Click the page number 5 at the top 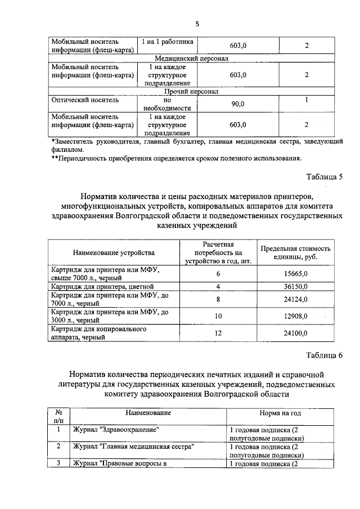pos(197,24)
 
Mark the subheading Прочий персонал pos(191,91)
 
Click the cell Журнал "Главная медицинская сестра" pos(134,447)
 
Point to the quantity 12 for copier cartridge pos(218,334)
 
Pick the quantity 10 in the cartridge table pos(218,316)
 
